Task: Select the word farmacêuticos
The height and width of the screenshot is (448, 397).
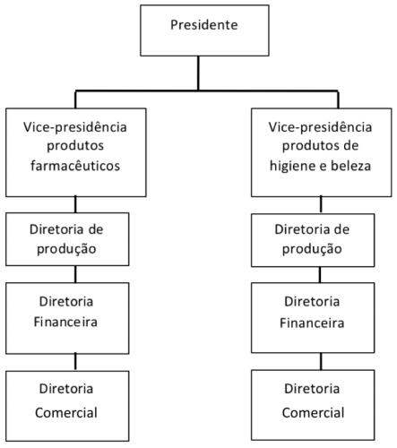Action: pyautogui.click(x=76, y=166)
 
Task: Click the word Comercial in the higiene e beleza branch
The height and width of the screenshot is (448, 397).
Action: pyautogui.click(x=319, y=413)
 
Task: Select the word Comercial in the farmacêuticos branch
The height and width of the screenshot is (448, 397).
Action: pyautogui.click(x=75, y=413)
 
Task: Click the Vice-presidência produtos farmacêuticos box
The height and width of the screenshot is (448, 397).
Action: pyautogui.click(x=75, y=151)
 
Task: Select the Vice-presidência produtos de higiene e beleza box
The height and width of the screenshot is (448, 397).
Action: pyautogui.click(x=319, y=151)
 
